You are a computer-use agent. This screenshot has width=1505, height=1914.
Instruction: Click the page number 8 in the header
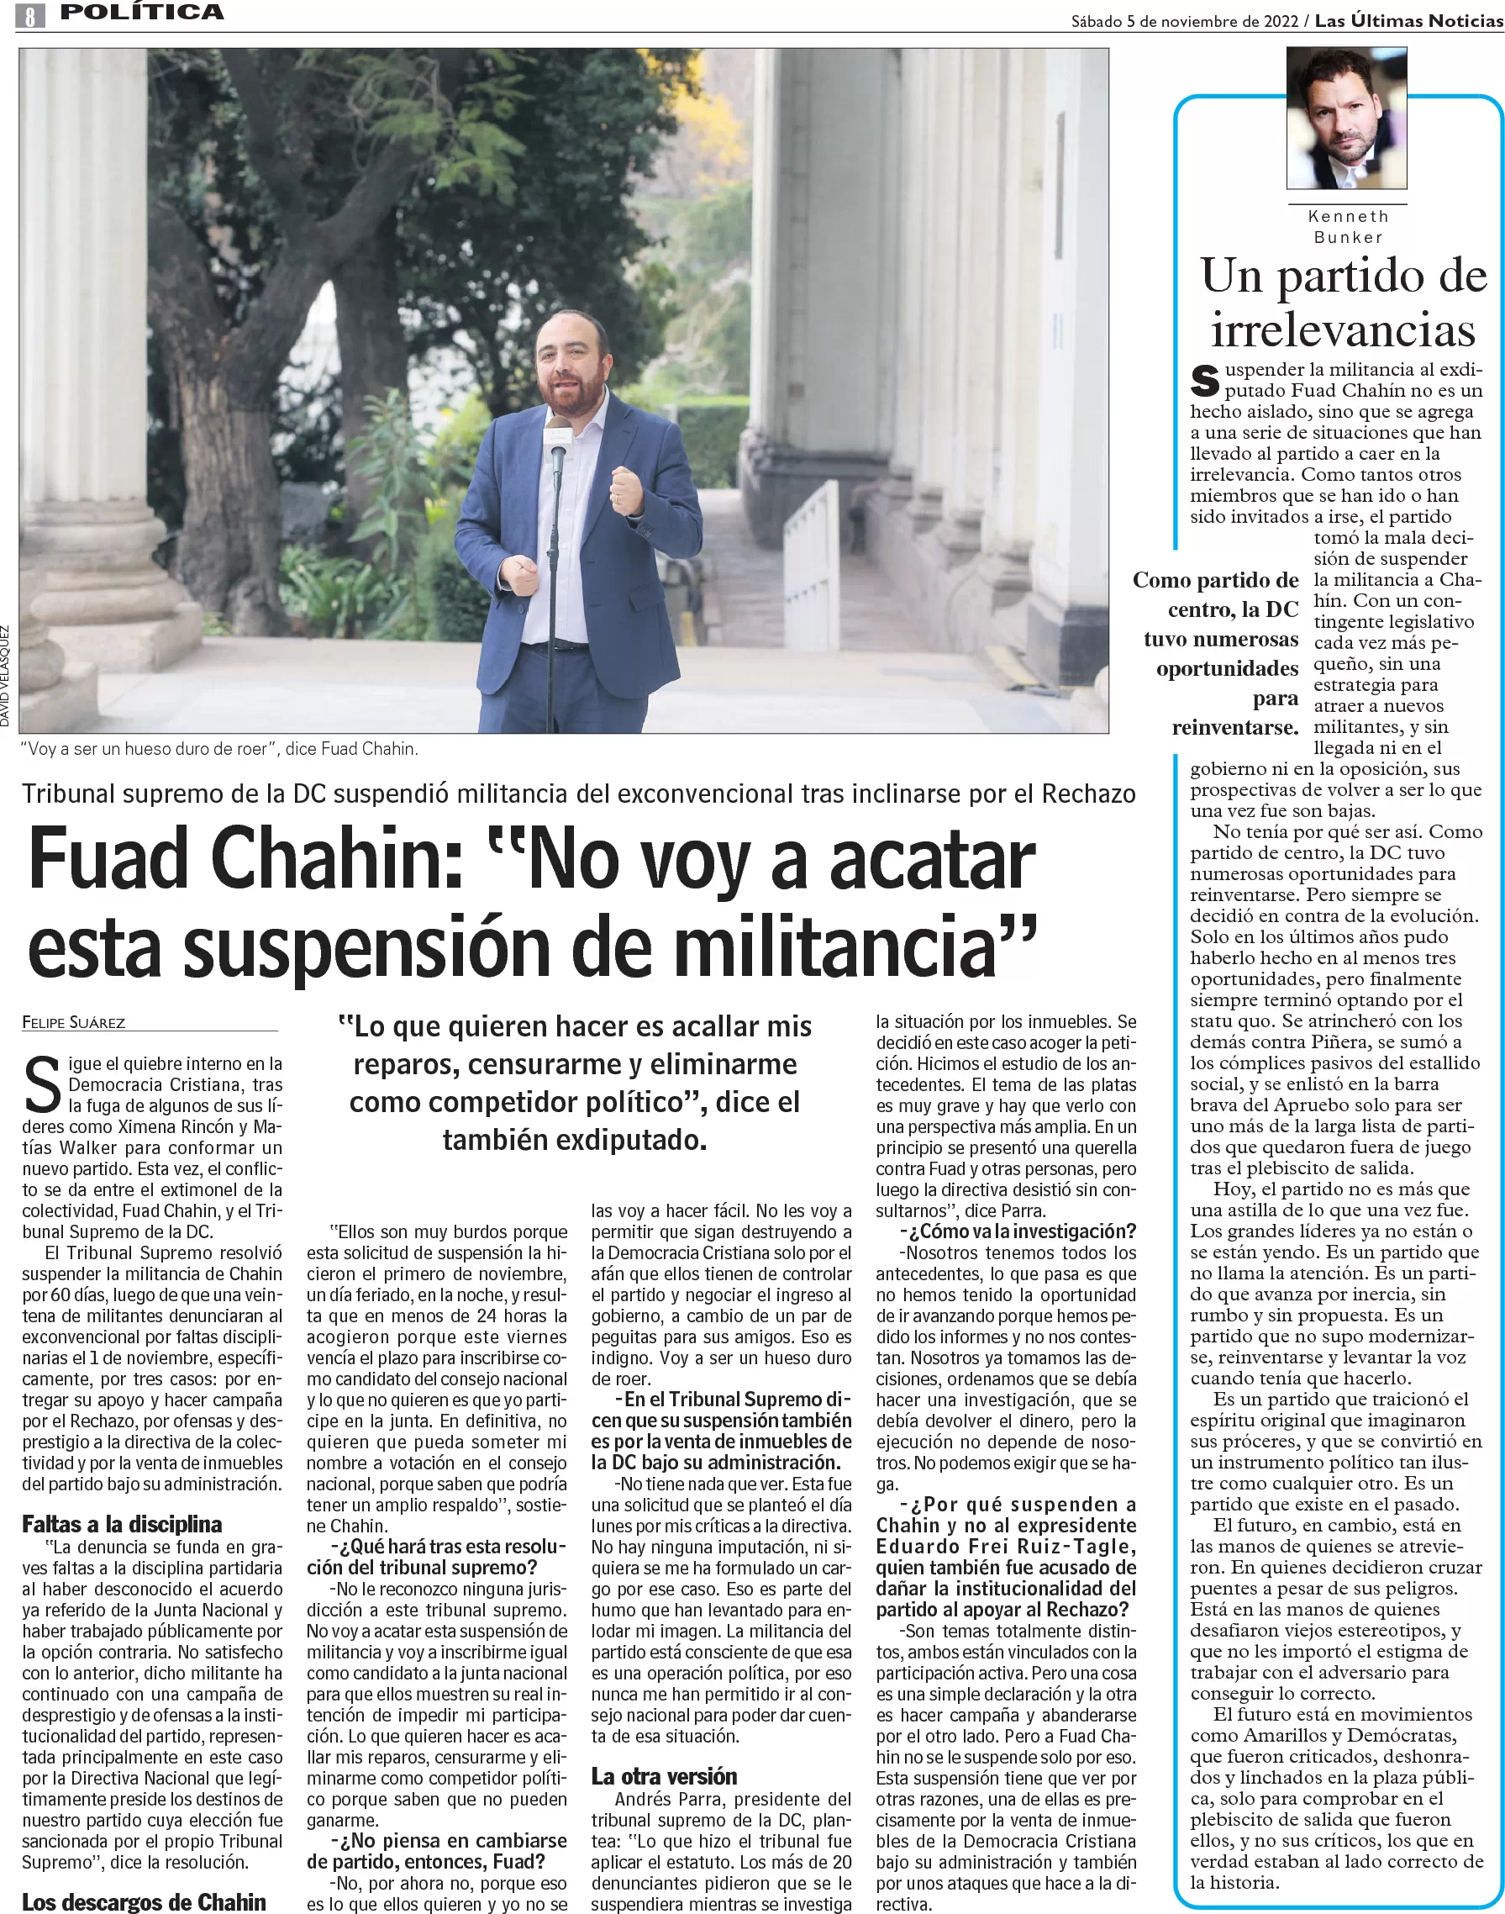pyautogui.click(x=30, y=15)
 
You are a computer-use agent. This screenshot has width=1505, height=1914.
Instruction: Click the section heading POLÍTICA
pyautogui.click(x=141, y=13)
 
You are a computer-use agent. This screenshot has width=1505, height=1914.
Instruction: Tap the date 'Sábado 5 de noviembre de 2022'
pyautogui.click(x=1184, y=20)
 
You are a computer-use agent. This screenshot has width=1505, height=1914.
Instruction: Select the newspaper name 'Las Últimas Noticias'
pyautogui.click(x=1408, y=20)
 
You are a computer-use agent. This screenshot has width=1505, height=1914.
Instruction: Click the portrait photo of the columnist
pyautogui.click(x=1345, y=118)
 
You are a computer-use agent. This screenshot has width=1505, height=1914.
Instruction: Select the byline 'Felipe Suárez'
pyautogui.click(x=74, y=1022)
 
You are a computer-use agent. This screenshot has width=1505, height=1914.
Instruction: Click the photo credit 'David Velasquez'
pyautogui.click(x=5, y=676)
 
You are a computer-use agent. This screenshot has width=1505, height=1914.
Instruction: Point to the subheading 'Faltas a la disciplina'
pyautogui.click(x=122, y=1524)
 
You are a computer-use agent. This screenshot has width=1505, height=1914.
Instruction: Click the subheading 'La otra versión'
pyautogui.click(x=664, y=1775)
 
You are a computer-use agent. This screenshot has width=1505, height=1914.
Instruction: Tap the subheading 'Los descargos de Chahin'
pyautogui.click(x=144, y=1901)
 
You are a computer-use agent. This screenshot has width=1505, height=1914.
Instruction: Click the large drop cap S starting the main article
pyautogui.click(x=42, y=1085)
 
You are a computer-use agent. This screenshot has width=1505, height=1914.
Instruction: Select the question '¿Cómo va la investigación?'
pyautogui.click(x=1018, y=1231)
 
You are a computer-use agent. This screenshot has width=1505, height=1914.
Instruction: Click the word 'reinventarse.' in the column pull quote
pyautogui.click(x=1234, y=727)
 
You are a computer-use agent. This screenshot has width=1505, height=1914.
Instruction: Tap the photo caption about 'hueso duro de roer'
pyautogui.click(x=219, y=749)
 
